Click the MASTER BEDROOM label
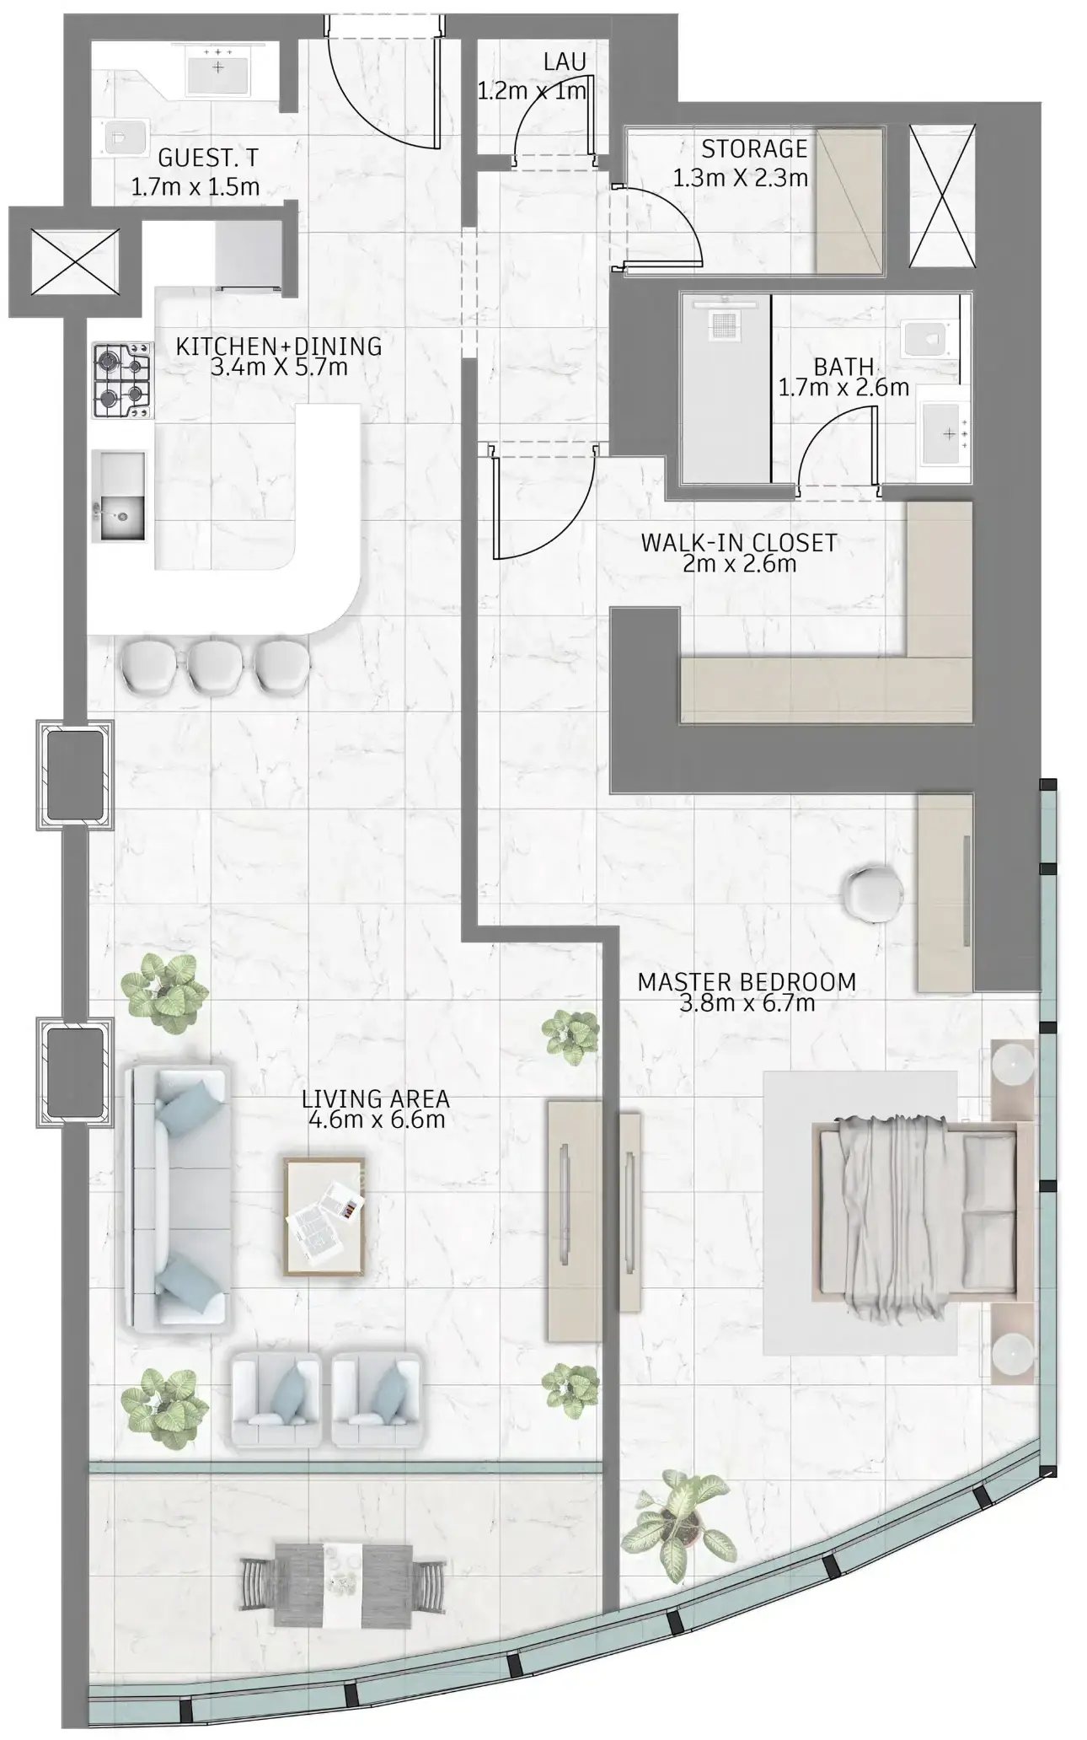747,982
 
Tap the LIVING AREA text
376,1098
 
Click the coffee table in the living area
324,1216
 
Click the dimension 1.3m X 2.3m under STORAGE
741,178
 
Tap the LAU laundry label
565,62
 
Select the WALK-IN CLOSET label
739,543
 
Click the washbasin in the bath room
945,434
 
